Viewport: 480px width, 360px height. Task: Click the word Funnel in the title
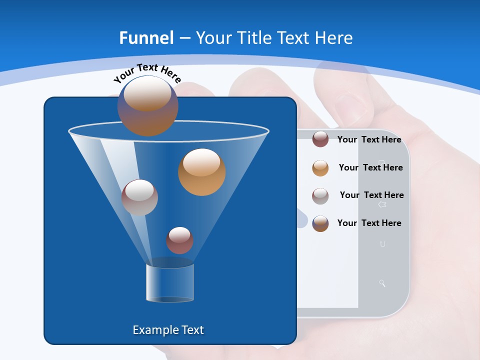[146, 38]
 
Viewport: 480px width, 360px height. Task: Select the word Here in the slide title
[334, 38]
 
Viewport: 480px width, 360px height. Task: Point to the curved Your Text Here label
[147, 72]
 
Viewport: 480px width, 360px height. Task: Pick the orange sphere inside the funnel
[201, 171]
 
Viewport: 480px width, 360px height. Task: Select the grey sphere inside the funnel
[139, 197]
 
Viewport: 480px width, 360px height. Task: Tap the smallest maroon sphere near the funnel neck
[179, 240]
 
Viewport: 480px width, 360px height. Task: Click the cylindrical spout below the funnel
[170, 282]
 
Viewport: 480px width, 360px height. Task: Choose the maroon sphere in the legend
[320, 139]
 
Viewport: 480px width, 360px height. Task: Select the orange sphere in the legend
[320, 167]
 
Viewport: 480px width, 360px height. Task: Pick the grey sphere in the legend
[320, 195]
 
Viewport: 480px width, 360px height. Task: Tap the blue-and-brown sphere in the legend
[320, 223]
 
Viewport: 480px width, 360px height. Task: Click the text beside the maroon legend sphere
[369, 139]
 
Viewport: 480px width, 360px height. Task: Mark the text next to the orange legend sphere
[370, 167]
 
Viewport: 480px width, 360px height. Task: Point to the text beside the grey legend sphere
[371, 195]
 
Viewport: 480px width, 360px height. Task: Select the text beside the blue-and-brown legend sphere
[369, 223]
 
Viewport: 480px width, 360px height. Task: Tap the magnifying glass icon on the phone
[382, 283]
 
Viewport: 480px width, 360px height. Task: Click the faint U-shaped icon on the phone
[382, 244]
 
